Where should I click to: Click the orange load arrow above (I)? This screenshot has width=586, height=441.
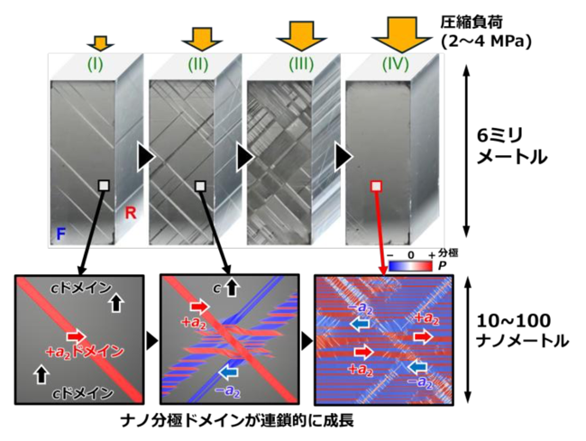100,43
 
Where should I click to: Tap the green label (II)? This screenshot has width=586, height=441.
197,65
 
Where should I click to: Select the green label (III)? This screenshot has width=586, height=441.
301,65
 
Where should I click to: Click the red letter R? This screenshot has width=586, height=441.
131,213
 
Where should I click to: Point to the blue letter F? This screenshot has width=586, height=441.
60,234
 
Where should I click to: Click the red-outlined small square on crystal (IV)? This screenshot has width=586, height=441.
376,186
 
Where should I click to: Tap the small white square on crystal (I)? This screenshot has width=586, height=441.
104,186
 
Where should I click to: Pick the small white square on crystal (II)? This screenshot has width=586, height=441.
201,186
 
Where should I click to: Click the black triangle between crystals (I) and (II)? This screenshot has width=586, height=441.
145,157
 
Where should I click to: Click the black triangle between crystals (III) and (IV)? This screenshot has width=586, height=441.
343,157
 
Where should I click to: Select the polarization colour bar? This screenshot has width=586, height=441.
410,266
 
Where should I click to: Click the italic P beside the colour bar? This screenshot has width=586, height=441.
442,266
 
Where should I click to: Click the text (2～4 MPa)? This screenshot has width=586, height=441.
486,41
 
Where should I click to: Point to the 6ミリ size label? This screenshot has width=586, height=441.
499,136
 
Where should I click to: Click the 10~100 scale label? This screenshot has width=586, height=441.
514,321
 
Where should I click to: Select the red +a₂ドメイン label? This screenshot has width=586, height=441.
84,352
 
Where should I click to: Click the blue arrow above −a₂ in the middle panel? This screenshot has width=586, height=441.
227,372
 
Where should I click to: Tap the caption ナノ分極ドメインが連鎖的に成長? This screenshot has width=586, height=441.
237,421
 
